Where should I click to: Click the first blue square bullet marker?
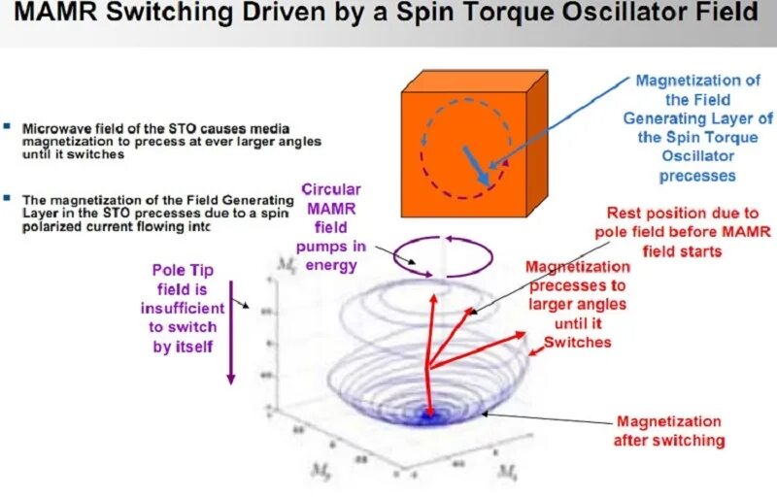pos(8,126)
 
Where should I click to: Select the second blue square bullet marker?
pos(8,198)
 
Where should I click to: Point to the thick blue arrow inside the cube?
pos(475,164)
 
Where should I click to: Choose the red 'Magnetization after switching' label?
pos(669,431)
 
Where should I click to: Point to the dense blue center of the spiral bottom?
pos(427,416)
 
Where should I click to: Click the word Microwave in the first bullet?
pos(55,127)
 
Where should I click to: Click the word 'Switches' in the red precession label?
pos(577,342)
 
